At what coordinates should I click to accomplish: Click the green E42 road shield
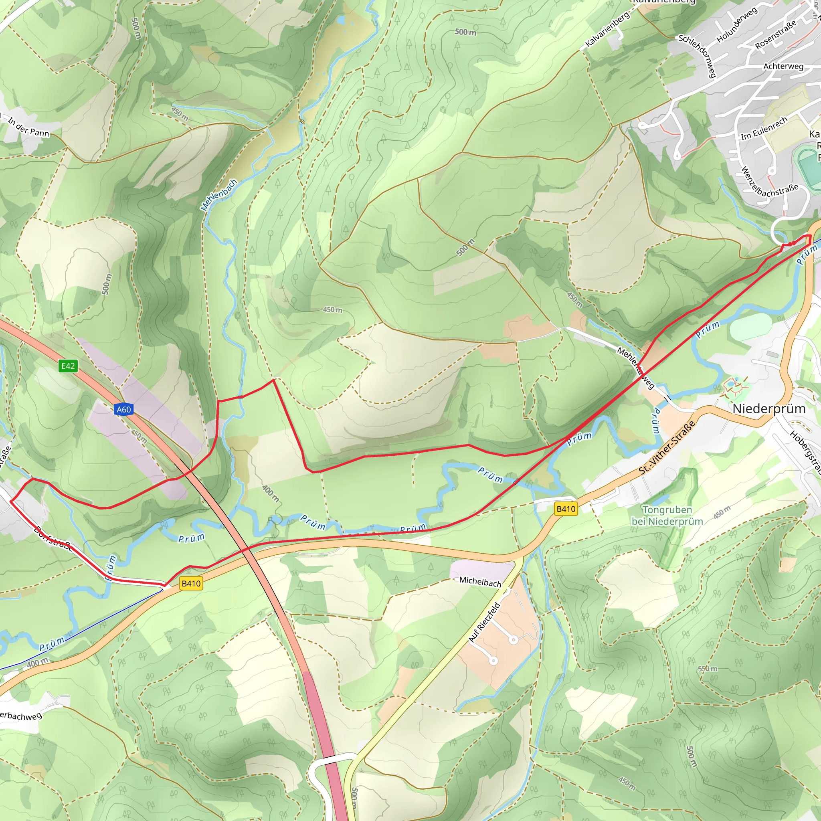(x=68, y=366)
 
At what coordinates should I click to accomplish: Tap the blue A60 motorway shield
(x=123, y=409)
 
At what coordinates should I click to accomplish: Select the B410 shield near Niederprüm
(x=566, y=509)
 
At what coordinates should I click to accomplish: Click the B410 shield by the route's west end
(x=191, y=583)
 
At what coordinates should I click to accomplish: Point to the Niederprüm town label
(x=769, y=409)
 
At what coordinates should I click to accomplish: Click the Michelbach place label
(x=480, y=581)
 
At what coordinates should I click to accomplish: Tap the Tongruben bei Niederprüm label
(x=667, y=516)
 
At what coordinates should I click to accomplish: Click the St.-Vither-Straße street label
(x=667, y=447)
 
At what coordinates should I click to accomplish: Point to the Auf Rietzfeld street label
(x=484, y=622)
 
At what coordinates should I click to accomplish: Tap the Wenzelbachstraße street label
(x=769, y=184)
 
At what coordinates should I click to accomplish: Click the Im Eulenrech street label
(x=764, y=129)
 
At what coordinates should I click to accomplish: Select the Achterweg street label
(x=783, y=66)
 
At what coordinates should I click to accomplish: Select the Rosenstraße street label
(x=775, y=35)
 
